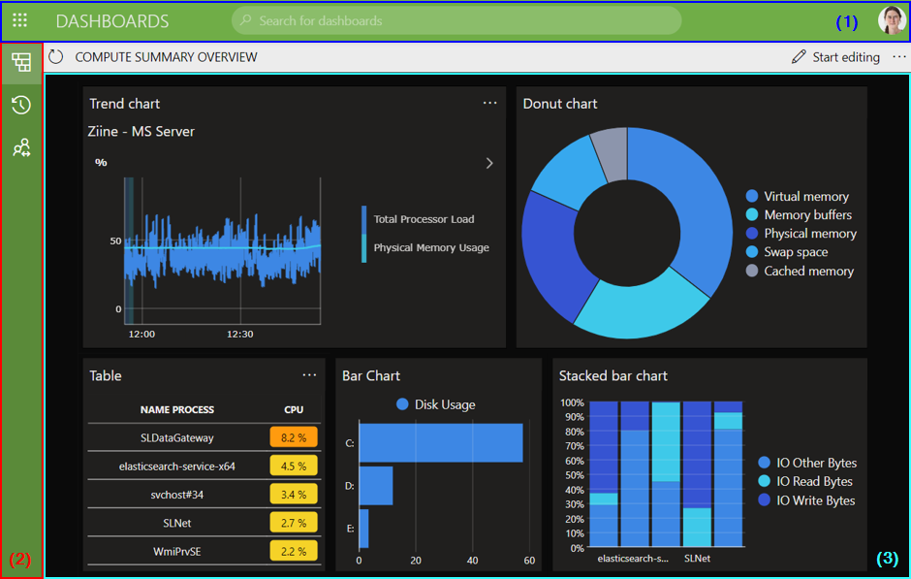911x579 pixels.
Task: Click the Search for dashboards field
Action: [455, 20]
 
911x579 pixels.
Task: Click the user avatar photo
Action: [891, 20]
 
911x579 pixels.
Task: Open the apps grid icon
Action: [19, 20]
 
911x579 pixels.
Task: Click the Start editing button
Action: [835, 57]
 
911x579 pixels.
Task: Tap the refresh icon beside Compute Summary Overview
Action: [56, 57]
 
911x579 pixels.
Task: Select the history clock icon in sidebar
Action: [21, 105]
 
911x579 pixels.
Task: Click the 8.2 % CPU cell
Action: [294, 437]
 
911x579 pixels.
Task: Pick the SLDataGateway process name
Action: [176, 437]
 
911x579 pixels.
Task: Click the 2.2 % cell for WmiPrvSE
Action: [294, 552]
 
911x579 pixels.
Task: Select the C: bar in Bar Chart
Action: [441, 442]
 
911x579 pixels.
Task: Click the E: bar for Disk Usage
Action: [364, 528]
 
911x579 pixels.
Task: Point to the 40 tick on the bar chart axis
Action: [472, 561]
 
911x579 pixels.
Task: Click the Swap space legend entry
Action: [795, 252]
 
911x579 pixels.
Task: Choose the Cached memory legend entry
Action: [807, 272]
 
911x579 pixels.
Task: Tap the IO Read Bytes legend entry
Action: [813, 482]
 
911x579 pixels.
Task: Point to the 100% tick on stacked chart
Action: [572, 402]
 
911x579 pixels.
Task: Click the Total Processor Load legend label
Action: [424, 219]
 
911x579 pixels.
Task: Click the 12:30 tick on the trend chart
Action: [240, 334]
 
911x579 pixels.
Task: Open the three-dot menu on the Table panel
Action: [309, 375]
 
